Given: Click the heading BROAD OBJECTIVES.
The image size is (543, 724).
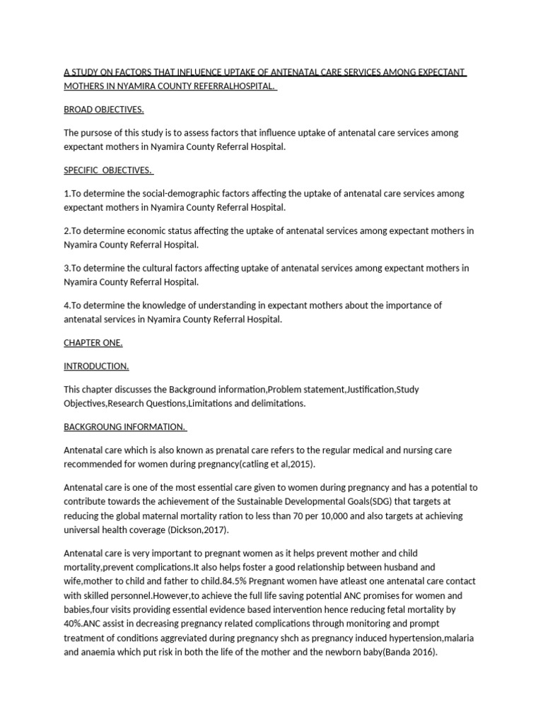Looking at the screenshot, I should point(104,110).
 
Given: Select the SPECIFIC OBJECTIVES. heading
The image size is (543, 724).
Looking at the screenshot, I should point(108,170).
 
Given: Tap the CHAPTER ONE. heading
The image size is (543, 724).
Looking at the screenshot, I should point(93,343).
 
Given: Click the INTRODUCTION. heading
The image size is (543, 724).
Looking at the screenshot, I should point(96,366).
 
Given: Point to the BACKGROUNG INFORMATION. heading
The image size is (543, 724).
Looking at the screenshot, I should point(124,427).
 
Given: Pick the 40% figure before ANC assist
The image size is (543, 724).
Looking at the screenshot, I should point(74,624).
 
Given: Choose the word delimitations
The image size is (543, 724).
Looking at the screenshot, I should point(276,403).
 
